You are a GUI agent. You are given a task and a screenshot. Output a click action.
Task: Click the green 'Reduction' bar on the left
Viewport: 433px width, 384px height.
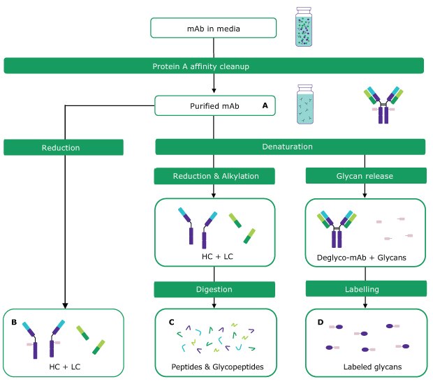click(64, 147)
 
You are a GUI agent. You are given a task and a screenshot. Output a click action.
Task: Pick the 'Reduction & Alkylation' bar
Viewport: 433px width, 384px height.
click(214, 177)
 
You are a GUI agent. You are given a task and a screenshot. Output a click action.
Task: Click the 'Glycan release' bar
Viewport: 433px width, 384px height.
click(366, 177)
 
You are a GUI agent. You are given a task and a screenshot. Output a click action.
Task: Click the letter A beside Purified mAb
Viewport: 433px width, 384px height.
click(265, 105)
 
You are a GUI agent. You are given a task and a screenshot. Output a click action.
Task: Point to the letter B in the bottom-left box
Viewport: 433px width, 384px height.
click(15, 323)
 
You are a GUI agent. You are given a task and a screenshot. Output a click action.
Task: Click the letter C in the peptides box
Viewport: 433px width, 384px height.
click(171, 323)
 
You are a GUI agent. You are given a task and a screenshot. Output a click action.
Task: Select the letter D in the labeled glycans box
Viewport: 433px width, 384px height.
click(321, 323)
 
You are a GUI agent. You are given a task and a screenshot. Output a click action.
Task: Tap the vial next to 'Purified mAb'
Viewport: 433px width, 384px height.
click(307, 105)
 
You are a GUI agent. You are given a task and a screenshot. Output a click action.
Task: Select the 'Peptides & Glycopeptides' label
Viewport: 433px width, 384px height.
click(214, 367)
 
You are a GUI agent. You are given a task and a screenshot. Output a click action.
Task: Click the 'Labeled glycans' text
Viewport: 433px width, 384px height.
click(367, 367)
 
